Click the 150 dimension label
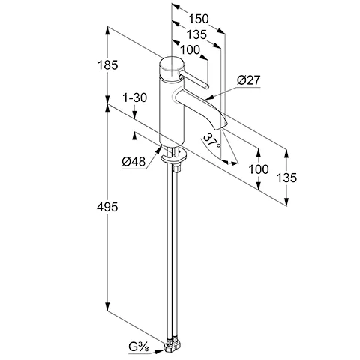coord(198,19)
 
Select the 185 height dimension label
coord(107,65)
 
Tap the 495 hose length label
coord(107,207)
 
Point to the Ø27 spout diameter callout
coord(248,80)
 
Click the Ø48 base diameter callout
coord(133,162)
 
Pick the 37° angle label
coord(211,141)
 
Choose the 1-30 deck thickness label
coord(134,97)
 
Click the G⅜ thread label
coord(139,347)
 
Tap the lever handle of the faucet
coord(193,79)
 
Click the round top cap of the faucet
coord(172,66)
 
